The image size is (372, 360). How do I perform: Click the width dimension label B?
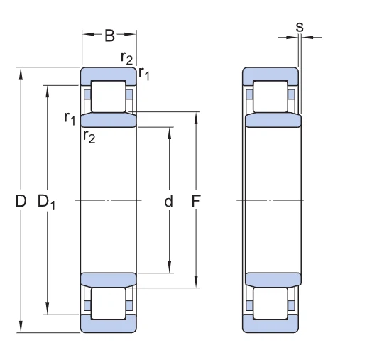tap(109, 34)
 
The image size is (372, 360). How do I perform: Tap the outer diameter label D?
tap(21, 202)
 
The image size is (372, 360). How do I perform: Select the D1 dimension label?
tap(47, 202)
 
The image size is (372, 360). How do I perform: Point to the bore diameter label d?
tap(169, 202)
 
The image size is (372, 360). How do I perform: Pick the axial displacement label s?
tap(299, 27)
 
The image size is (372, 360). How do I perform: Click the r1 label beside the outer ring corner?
tap(144, 72)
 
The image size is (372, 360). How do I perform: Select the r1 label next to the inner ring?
tap(70, 118)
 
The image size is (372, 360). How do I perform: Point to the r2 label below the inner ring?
tap(89, 136)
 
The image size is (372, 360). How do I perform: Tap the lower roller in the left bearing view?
tap(108, 304)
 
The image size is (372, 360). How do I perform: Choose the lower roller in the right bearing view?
tap(271, 304)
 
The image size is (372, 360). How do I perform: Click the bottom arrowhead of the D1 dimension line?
tap(47, 310)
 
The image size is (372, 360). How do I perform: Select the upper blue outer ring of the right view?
tap(271, 74)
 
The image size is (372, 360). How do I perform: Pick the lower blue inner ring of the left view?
tap(108, 278)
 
